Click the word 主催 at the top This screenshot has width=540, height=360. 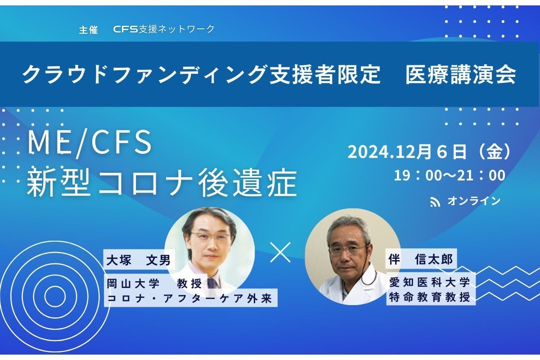point(88,30)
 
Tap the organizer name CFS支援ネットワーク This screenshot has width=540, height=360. point(164,30)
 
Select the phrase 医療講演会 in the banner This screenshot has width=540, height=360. point(460,75)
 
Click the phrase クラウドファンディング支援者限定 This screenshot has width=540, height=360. point(201,75)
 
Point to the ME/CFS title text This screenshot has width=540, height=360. point(89,143)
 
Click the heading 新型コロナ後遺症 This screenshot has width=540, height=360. point(162,183)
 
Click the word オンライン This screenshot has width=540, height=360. point(474,201)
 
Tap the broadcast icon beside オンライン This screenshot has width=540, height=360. point(435,202)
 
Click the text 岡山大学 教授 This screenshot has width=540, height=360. point(157,283)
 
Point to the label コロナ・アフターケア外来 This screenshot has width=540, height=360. point(190,298)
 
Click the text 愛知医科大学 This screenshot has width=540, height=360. point(430,282)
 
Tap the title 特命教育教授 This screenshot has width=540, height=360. point(430,297)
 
